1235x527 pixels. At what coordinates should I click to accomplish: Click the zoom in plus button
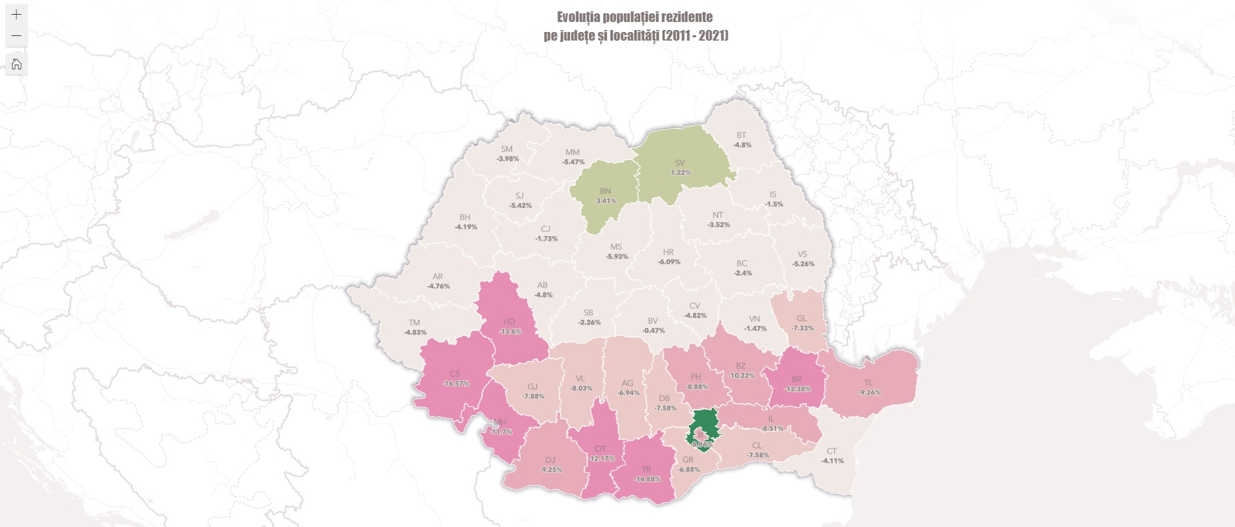(x=17, y=14)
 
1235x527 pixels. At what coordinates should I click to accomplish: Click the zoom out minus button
(x=17, y=35)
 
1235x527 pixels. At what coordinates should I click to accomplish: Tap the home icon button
(x=17, y=64)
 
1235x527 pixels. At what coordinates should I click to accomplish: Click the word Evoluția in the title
(x=579, y=17)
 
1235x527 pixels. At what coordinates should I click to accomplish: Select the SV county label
(x=680, y=163)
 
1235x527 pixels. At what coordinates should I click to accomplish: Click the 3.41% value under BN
(x=605, y=201)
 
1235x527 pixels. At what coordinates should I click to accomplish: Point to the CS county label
(x=455, y=374)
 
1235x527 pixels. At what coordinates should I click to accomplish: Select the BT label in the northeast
(x=741, y=135)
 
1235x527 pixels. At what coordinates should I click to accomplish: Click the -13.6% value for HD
(x=510, y=331)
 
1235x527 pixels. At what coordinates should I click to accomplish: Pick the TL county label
(x=868, y=382)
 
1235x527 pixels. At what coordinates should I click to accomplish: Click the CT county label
(x=832, y=451)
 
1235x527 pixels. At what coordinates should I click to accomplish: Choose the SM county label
(x=507, y=149)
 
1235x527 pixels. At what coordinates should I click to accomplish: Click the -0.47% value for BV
(x=654, y=330)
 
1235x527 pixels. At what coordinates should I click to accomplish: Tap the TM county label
(x=414, y=322)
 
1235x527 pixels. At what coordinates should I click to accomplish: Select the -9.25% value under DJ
(x=551, y=470)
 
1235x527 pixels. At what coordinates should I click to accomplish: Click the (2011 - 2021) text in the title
(x=695, y=35)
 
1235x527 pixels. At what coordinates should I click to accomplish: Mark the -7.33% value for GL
(x=802, y=328)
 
